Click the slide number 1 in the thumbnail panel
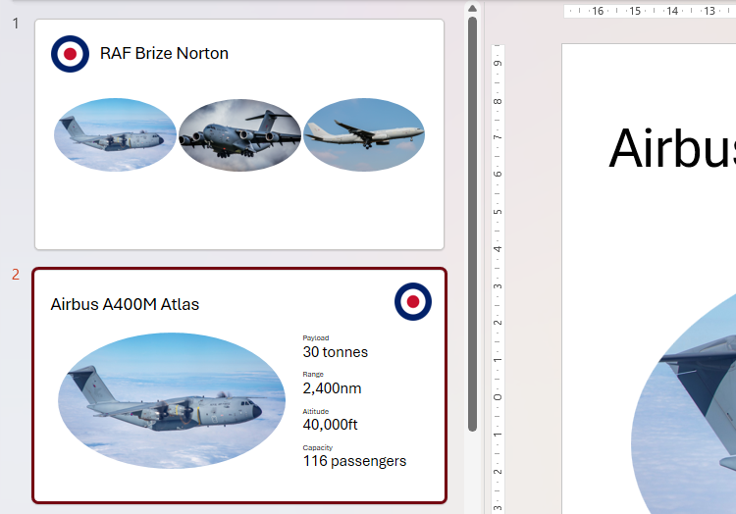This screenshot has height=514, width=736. tap(15, 24)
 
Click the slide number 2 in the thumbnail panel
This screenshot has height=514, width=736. tap(15, 275)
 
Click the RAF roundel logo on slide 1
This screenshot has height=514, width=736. tap(70, 54)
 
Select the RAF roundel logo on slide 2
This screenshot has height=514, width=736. tap(413, 301)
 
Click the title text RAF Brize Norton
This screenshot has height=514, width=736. tap(164, 54)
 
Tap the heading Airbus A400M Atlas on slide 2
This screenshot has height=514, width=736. tap(125, 304)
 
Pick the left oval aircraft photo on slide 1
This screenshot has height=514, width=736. tap(115, 134)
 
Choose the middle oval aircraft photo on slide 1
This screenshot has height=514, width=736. tap(239, 134)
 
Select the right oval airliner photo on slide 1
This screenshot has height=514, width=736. tap(364, 134)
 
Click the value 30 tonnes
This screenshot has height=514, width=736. tap(335, 352)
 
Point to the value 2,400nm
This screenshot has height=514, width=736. tap(332, 388)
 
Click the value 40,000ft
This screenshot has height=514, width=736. tap(330, 425)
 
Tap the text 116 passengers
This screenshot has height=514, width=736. tap(353, 461)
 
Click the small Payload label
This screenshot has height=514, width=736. tap(315, 337)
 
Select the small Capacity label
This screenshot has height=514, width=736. tap(317, 447)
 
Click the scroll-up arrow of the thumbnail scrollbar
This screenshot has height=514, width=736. tap(472, 9)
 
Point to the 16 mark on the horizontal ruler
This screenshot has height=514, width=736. tap(597, 11)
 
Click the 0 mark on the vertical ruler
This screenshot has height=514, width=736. tap(498, 397)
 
